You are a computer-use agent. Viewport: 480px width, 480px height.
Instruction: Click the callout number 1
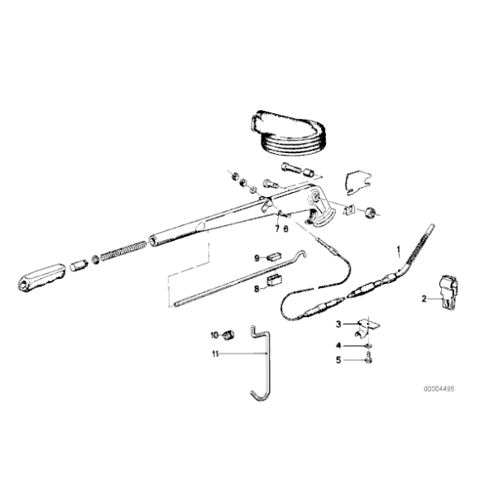pos(398,248)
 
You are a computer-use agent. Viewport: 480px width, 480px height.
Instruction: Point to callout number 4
pos(338,344)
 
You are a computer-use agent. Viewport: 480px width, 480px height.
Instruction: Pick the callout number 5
pos(338,359)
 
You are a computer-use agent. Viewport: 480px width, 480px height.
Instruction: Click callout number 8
pos(257,289)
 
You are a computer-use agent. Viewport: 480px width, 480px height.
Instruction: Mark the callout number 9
pos(257,257)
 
